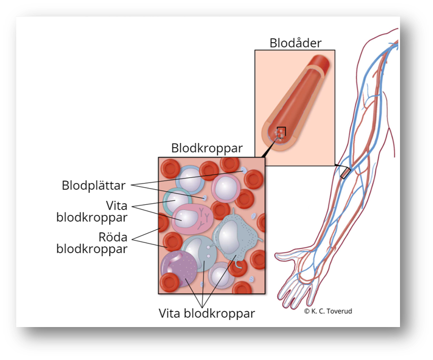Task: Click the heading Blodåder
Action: pos(295,43)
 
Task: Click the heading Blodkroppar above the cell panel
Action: pos(207,148)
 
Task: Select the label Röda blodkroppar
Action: pos(91,243)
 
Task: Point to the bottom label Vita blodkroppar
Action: pos(206,312)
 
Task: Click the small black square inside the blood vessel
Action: pos(281,131)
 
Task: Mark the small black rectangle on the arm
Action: pos(345,172)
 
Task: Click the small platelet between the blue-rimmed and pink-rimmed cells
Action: pos(205,197)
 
